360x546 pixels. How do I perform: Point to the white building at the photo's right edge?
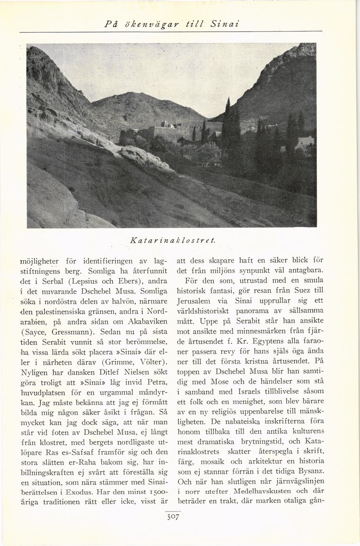[x=305, y=142]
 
